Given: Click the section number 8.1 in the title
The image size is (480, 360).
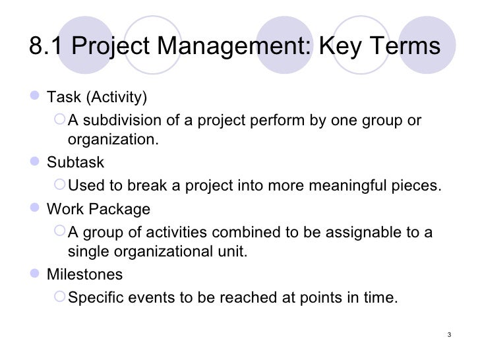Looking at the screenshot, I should click(x=47, y=48).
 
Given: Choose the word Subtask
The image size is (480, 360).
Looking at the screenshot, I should click(x=75, y=162).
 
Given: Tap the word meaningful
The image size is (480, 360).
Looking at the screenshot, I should click(x=342, y=186).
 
